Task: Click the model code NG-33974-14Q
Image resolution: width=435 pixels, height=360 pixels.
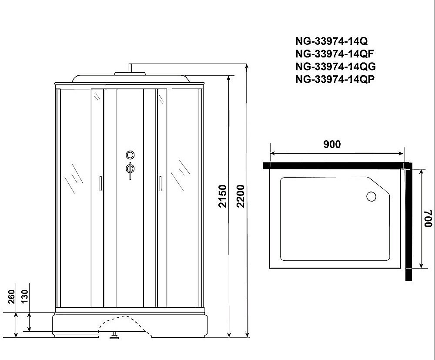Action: pos(331,41)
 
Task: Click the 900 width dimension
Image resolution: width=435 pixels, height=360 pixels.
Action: pos(332,145)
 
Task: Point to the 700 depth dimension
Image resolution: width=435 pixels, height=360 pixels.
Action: pos(428,219)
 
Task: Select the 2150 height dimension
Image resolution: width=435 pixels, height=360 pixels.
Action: pos(222,196)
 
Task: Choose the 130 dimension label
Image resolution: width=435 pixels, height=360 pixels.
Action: pos(24,296)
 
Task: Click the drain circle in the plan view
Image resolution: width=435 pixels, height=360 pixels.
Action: pos(371,196)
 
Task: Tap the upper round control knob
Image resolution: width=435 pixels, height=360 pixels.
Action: pos(130,155)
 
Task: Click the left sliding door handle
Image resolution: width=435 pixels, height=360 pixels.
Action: pos(100,183)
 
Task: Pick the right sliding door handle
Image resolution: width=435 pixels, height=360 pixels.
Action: pos(160,183)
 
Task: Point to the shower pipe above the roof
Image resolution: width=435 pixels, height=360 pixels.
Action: pos(130,69)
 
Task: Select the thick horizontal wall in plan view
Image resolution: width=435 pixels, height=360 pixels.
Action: pos(335,165)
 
